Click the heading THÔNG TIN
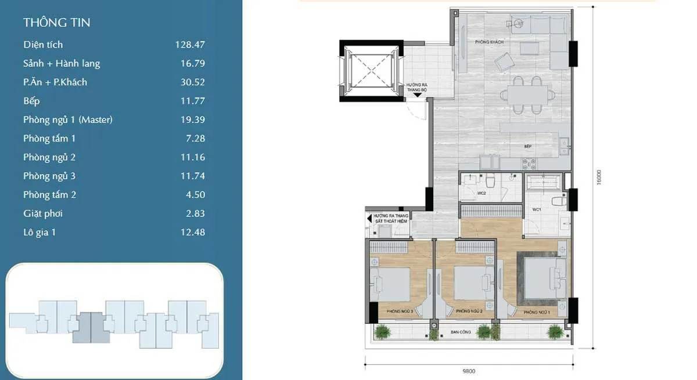tap(57, 23)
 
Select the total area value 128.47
tap(190, 45)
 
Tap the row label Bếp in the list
tap(31, 101)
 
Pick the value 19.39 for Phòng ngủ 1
tap(192, 120)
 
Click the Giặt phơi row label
tap(43, 213)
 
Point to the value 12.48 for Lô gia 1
tap(192, 232)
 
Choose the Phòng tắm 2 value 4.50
tap(195, 194)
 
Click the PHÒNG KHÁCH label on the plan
tap(488, 42)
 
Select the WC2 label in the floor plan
tap(482, 193)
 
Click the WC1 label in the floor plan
tap(537, 209)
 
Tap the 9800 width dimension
tap(468, 371)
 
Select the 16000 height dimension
tap(599, 177)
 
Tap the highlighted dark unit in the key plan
tap(90, 327)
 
